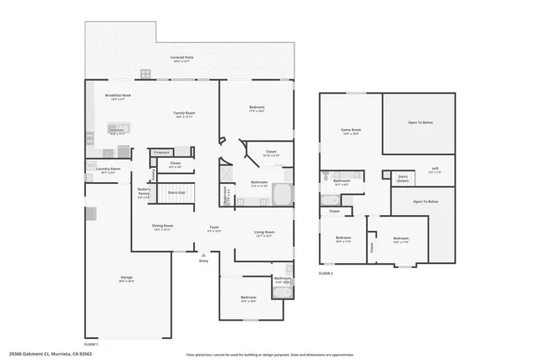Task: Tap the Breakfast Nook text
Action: click(117, 97)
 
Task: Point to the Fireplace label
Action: click(162, 152)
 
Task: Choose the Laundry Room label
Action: click(108, 169)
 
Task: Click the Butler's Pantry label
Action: click(144, 191)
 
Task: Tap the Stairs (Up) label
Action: click(175, 193)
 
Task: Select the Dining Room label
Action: click(162, 227)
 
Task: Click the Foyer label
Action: click(215, 228)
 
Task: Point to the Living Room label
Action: click(263, 234)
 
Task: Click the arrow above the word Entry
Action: click(202, 254)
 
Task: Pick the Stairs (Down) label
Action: click(403, 178)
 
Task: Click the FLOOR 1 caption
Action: click(91, 344)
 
